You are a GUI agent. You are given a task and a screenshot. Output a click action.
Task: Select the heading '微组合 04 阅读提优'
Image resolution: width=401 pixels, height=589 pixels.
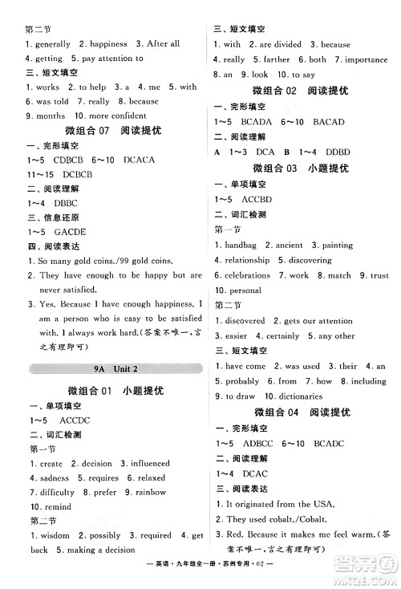click(x=302, y=412)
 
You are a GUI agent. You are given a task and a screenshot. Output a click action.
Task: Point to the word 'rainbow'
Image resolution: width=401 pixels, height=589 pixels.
click(x=150, y=491)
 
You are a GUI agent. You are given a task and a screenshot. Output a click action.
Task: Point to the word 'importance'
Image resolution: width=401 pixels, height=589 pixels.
click(x=366, y=59)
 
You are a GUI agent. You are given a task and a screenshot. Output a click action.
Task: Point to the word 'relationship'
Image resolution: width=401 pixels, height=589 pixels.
click(x=247, y=260)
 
